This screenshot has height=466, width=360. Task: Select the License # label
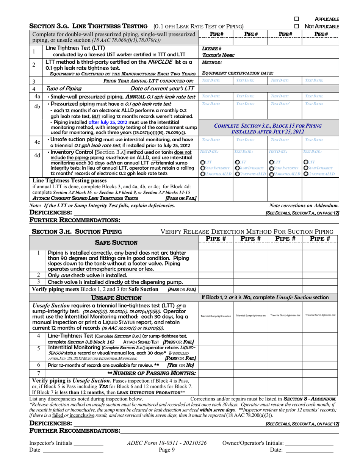pyautogui.click(x=210, y=49)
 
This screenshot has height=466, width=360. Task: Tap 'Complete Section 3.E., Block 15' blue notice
pyautogui.click(x=268, y=128)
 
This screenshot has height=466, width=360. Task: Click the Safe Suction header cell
pyautogui.click(x=116, y=242)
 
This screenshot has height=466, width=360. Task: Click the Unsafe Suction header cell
pyautogui.click(x=116, y=298)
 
